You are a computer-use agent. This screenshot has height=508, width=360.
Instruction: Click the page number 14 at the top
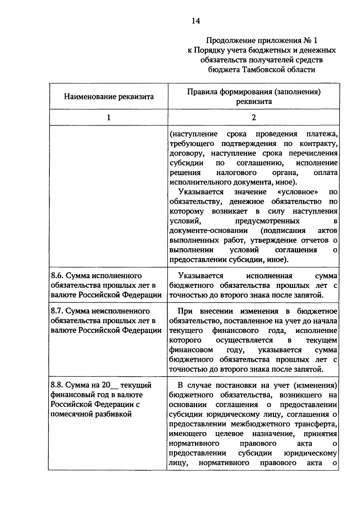[x=196, y=21]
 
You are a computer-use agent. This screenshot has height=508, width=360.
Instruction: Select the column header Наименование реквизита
[x=109, y=97]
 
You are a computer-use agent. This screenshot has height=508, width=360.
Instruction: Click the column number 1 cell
[x=109, y=117]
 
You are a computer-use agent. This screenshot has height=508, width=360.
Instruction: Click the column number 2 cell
[x=253, y=117]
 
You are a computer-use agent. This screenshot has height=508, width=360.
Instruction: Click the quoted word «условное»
[x=296, y=192]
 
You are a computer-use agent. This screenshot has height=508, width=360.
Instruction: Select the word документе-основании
[x=208, y=231]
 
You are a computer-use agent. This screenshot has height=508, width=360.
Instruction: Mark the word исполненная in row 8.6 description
[x=269, y=276]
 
